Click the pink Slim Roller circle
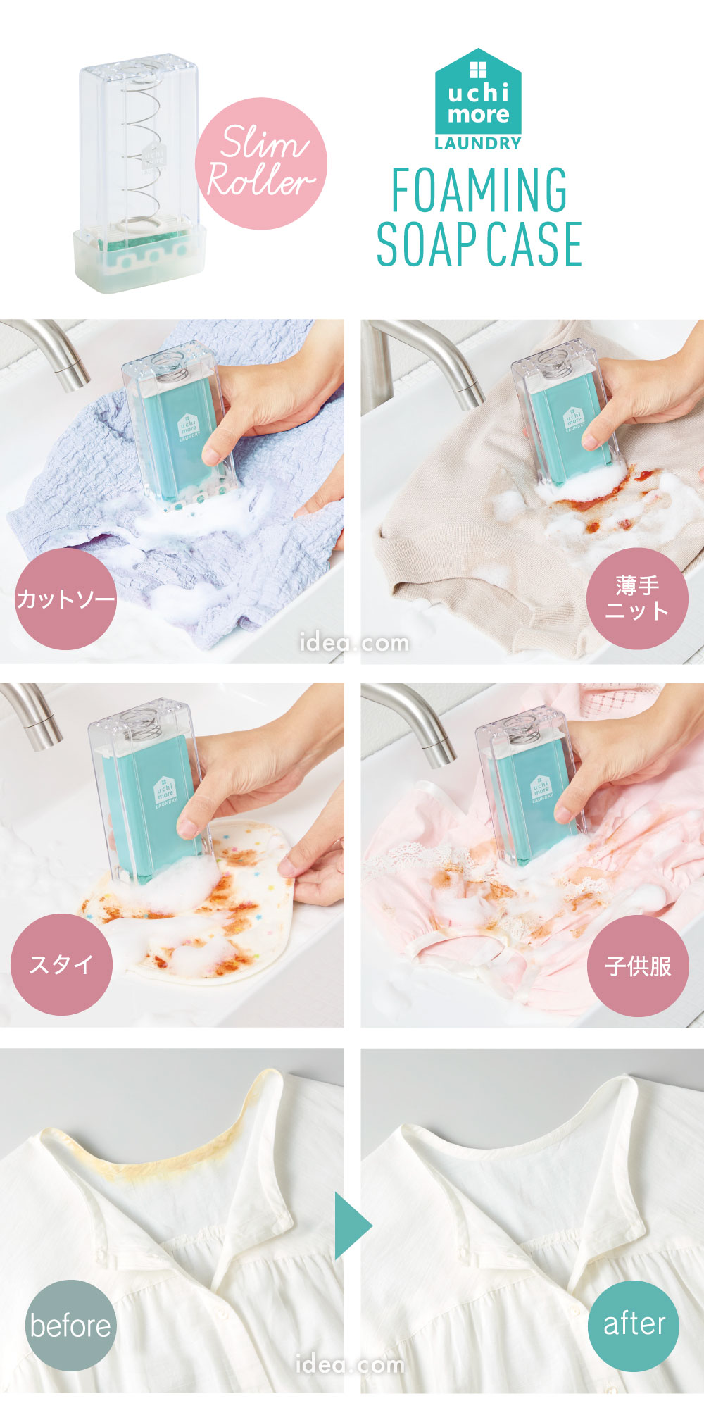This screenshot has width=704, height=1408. [260, 163]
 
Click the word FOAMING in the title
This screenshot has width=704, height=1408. [479, 190]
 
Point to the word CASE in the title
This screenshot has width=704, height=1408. [534, 244]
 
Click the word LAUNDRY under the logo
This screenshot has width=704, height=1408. [478, 144]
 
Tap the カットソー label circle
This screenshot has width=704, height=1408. [65, 599]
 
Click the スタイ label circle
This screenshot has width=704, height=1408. [61, 964]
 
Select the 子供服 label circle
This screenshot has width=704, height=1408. [638, 966]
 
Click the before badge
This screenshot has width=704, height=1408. [70, 1325]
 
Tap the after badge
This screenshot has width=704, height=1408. [634, 1325]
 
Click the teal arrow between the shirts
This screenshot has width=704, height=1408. [351, 1226]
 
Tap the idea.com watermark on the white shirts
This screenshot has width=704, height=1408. [350, 1364]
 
